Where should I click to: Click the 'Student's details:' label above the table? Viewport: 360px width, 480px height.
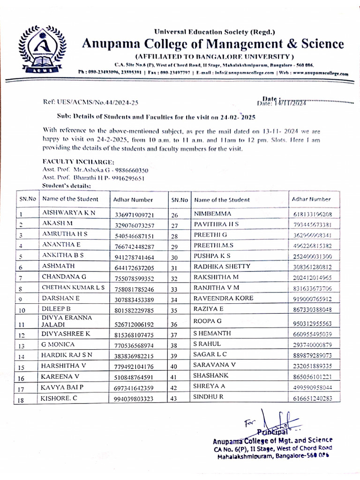click(x=67, y=186)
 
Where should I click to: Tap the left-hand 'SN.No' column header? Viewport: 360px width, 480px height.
click(x=28, y=199)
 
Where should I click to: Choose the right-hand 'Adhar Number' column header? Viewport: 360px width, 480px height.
click(x=311, y=199)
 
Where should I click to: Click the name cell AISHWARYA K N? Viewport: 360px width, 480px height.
click(x=69, y=213)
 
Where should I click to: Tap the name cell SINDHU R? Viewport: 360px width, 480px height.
click(x=208, y=397)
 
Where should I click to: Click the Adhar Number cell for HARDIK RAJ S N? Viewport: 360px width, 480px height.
click(x=134, y=356)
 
